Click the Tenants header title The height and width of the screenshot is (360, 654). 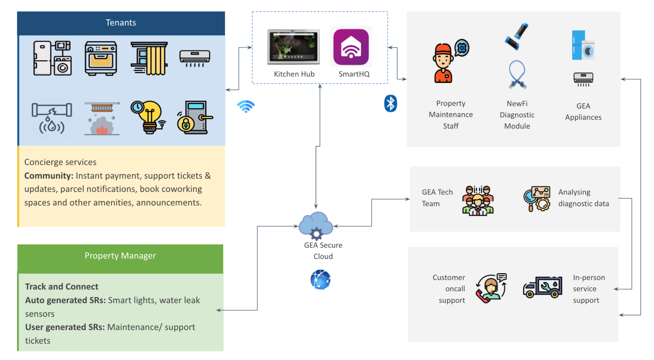[x=121, y=23]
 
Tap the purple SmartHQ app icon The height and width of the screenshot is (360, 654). [x=351, y=47]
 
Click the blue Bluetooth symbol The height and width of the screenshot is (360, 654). [x=390, y=103]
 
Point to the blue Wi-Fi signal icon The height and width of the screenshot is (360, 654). [x=246, y=106]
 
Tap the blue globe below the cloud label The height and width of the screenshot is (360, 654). [x=320, y=280]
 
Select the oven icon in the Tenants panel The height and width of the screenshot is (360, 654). [x=101, y=58]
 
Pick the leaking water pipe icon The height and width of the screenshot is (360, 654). [x=52, y=118]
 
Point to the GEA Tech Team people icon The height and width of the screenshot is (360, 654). [x=478, y=201]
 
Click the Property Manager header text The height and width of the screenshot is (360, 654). [x=120, y=256]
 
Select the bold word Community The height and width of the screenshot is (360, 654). [x=49, y=176]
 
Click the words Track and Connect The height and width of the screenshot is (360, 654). [x=62, y=287]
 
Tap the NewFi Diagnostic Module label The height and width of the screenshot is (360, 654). [x=517, y=115]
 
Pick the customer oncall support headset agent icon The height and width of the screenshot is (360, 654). [x=491, y=288]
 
